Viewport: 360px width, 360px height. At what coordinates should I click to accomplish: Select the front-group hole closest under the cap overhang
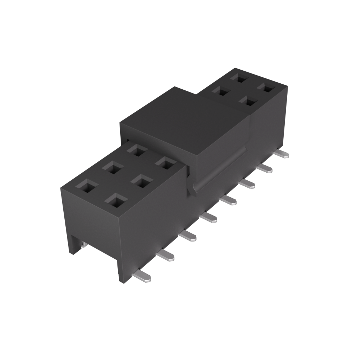(x=137, y=150)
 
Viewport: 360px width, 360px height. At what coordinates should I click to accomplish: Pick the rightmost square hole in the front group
(x=166, y=163)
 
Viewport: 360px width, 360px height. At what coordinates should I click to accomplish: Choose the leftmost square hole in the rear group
(x=221, y=91)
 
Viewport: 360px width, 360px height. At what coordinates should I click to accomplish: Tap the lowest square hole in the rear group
(x=249, y=102)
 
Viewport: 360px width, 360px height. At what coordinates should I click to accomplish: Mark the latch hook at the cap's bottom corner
(x=193, y=190)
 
